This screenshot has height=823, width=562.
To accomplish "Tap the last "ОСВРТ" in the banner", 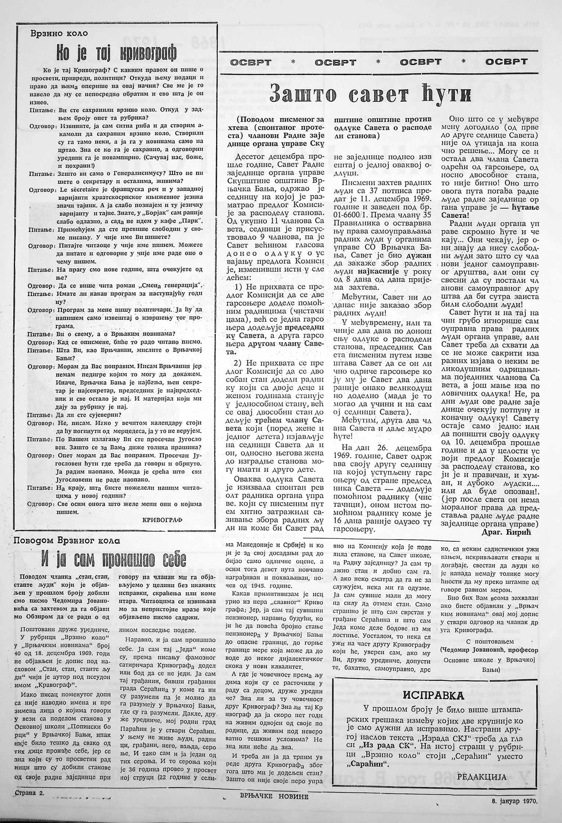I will tap(506, 62).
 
